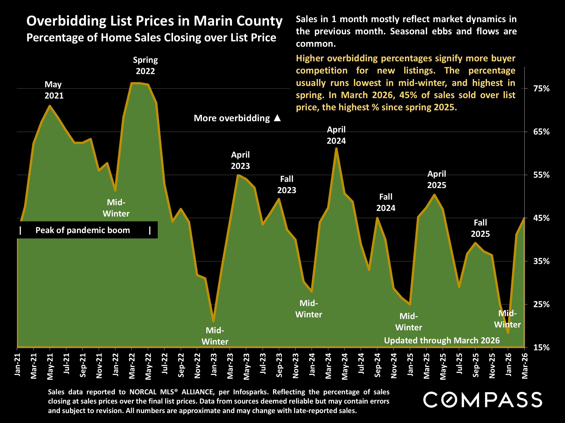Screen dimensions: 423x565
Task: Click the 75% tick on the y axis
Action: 541,89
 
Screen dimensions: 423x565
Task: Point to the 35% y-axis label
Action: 541,261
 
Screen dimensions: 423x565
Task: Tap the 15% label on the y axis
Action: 541,347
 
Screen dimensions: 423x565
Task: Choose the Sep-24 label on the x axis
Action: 377,365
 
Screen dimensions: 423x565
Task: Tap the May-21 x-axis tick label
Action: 50,366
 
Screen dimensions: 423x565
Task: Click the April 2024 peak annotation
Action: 336,135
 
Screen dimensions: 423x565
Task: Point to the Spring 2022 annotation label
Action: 145,65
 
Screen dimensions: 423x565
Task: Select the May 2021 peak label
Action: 54,90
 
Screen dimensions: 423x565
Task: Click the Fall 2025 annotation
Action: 480,228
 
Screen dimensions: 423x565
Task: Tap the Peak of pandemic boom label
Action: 82,230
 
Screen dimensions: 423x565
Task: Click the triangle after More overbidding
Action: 277,118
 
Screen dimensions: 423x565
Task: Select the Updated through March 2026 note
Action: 442,340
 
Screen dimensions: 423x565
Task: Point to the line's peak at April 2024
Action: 336,149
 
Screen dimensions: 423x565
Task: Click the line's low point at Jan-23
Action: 214,321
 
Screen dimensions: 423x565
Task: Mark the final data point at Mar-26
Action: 524,218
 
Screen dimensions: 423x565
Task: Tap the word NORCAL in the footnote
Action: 143,392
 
